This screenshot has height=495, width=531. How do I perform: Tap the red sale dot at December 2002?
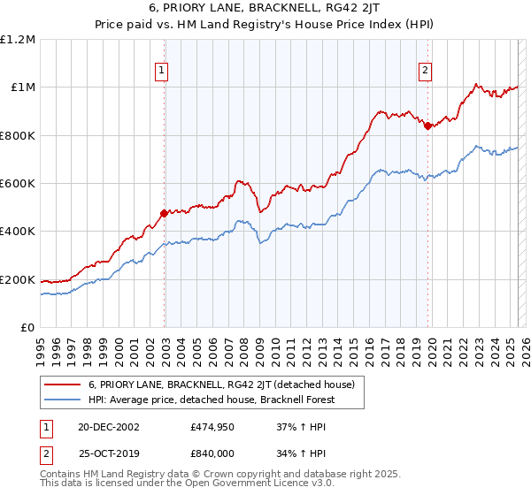[165, 213]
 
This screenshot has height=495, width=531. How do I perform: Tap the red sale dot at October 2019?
[427, 126]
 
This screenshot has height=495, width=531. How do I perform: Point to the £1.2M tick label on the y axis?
[18, 40]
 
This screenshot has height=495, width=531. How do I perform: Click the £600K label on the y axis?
[18, 184]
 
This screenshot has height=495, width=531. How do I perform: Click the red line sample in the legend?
[62, 385]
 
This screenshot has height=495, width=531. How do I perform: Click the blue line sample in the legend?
[62, 400]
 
